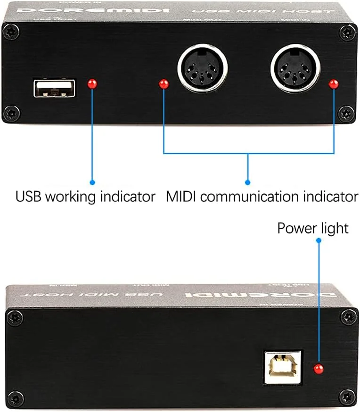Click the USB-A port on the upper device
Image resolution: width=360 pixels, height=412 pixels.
[x=54, y=88]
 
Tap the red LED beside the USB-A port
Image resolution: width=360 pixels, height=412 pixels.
[x=92, y=84]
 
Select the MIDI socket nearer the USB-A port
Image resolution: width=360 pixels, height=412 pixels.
[x=203, y=68]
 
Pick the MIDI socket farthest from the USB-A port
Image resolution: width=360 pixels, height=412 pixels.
[x=295, y=68]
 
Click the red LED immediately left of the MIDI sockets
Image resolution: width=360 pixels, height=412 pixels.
[x=164, y=84]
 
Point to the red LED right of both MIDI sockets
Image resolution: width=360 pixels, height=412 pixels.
[x=334, y=84]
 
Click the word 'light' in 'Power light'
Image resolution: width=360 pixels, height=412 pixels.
[x=334, y=228]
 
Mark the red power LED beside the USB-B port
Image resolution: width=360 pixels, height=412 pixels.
[x=319, y=368]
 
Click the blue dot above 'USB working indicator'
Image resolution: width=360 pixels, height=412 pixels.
[x=92, y=182]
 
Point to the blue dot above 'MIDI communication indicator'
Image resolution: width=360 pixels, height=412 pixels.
[x=248, y=182]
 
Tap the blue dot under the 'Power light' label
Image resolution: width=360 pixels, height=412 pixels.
[x=319, y=240]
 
